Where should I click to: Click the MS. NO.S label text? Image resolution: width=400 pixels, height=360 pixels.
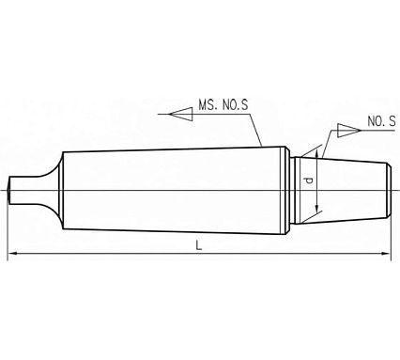coord(223,105)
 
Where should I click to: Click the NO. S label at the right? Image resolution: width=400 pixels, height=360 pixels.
coord(381,121)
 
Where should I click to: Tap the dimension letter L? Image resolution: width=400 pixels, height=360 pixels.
coord(198,245)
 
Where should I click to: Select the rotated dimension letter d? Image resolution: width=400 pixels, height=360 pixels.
coord(309,180)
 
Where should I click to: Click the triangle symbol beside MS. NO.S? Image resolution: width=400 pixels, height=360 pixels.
coord(181,114)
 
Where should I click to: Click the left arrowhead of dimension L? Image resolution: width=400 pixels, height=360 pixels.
coord(11,253)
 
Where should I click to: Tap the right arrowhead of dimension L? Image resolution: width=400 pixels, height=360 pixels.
coord(387,254)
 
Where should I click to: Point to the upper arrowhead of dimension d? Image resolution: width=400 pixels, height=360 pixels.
coord(317,154)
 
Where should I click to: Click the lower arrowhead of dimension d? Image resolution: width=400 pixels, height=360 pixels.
coord(317,208)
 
